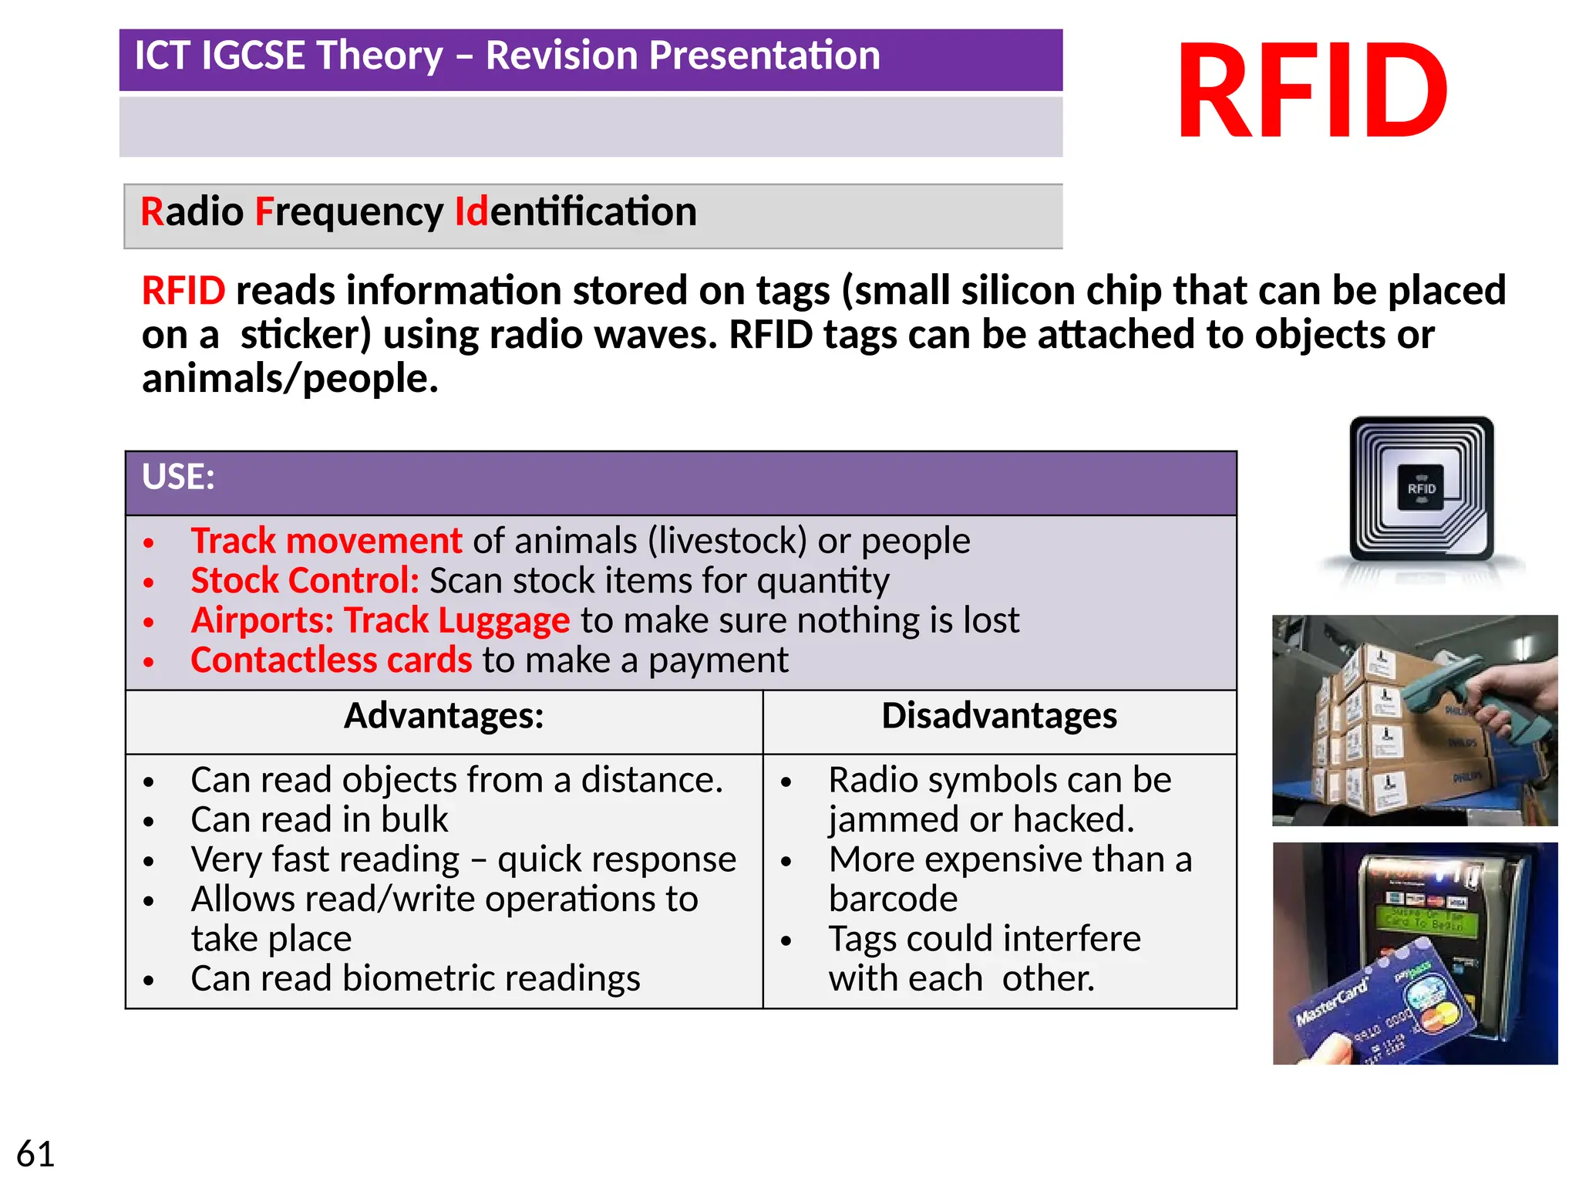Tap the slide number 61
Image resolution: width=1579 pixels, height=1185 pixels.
click(35, 1154)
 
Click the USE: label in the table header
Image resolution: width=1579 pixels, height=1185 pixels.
click(178, 477)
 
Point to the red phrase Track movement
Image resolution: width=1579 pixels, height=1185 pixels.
click(325, 541)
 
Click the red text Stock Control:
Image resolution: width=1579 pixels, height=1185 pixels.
click(305, 581)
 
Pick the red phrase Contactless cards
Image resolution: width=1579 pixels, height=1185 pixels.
click(331, 660)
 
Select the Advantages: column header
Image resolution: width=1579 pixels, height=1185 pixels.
click(443, 716)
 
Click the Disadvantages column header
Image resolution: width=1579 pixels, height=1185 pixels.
click(998, 716)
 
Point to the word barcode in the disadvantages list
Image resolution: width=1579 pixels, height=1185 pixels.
click(893, 900)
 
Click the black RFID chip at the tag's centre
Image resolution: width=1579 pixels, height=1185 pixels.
click(1421, 488)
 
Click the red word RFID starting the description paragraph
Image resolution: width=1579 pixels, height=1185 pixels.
click(183, 292)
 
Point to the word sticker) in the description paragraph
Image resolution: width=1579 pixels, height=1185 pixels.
click(305, 336)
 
